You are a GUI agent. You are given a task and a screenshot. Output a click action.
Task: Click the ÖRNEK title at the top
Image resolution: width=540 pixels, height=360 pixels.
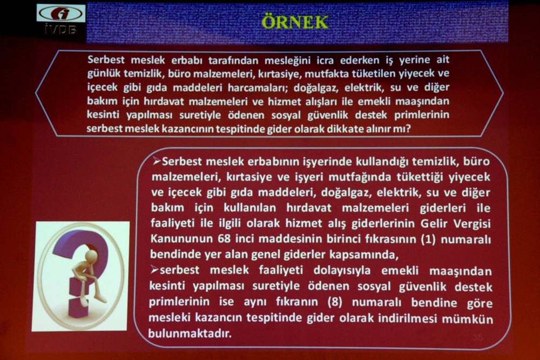point(294,22)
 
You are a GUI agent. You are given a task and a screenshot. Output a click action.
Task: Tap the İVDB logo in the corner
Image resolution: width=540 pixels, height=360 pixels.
point(60,19)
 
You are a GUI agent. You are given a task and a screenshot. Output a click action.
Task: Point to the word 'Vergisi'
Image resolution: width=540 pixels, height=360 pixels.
point(471,224)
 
